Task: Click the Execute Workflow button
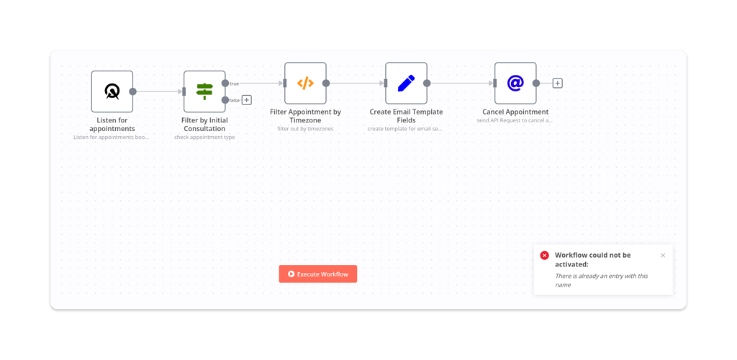click(318, 274)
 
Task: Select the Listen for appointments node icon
click(112, 91)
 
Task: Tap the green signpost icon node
click(204, 91)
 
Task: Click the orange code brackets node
click(305, 83)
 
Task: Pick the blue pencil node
click(406, 83)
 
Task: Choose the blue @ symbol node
click(515, 83)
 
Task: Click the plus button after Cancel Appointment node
click(557, 83)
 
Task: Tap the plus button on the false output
click(246, 100)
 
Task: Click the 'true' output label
click(235, 84)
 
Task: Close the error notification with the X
click(663, 256)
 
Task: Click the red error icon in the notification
click(544, 256)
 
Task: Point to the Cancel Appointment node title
click(515, 112)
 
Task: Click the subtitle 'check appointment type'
click(204, 137)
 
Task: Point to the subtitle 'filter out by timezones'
click(305, 128)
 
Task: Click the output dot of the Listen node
click(132, 91)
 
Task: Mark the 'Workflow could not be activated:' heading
click(592, 259)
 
